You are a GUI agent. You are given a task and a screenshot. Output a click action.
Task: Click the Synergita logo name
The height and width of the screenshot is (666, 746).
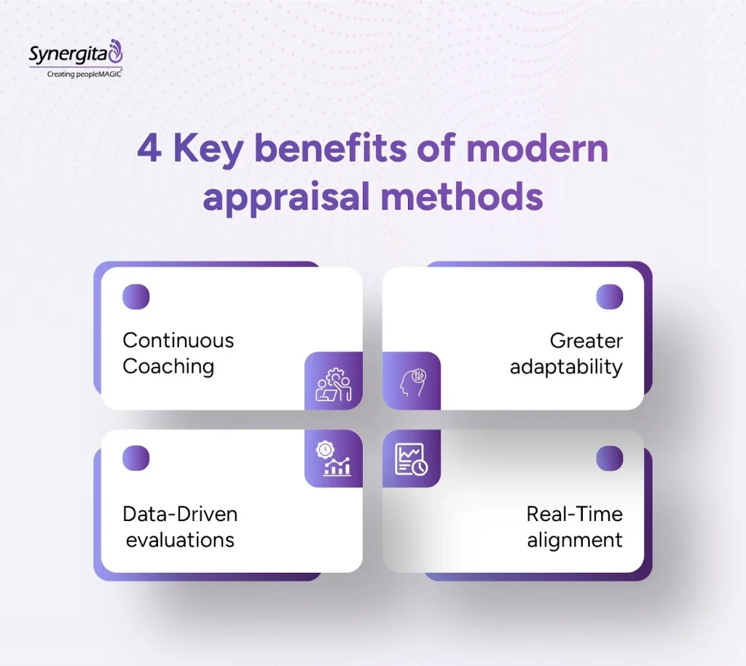coord(70,54)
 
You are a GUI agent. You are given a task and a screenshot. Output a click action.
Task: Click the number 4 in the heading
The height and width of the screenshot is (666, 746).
coord(149,149)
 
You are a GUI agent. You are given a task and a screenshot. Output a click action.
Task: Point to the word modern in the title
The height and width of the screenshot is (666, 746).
coord(538,149)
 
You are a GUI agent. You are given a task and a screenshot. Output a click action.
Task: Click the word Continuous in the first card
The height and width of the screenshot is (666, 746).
coord(178,340)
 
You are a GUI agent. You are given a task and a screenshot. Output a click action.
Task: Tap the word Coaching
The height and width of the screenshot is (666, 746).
coord(168,365)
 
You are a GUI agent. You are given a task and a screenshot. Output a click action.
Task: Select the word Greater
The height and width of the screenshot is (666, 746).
coord(586,340)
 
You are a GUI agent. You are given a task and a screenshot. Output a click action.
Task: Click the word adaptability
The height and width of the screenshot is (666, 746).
coord(566,366)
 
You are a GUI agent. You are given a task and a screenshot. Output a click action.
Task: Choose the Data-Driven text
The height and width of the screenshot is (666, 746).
coord(180,514)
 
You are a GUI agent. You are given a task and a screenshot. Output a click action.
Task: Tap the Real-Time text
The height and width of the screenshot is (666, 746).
coord(574,514)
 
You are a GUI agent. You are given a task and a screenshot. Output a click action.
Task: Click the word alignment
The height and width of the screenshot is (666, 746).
coord(575,539)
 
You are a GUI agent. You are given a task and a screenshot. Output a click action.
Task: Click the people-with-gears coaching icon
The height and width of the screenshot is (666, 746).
coord(334,381)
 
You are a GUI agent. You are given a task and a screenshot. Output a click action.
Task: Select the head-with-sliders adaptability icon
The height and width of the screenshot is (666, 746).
coord(412,381)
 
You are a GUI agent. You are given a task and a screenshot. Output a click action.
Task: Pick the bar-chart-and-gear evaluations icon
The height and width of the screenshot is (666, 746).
coord(334,459)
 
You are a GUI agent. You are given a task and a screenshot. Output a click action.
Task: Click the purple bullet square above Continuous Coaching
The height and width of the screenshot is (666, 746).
coord(136,297)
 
